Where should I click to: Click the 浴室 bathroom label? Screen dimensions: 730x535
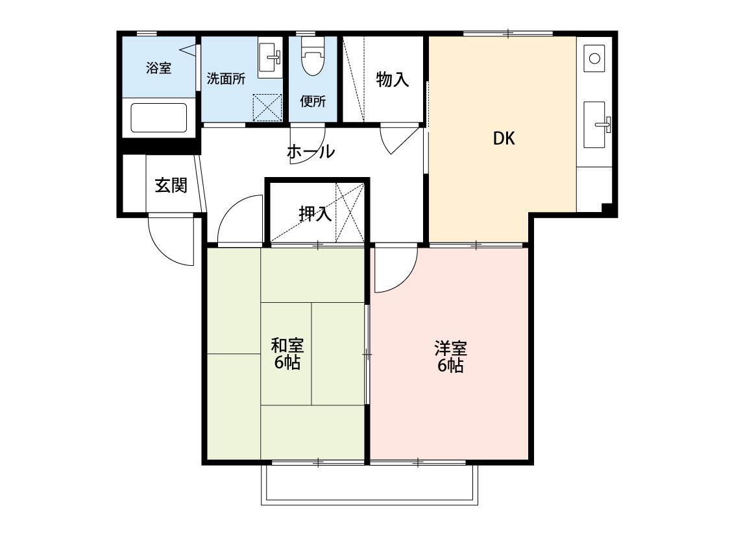coord(159,68)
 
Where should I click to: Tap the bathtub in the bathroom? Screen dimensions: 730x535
coord(159,118)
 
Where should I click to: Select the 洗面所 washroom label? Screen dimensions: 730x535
coord(226,78)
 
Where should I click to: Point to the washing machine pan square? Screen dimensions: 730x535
coord(267,108)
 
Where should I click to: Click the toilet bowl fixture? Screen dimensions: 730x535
coord(313,56)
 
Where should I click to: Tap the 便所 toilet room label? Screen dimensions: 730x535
coord(313,101)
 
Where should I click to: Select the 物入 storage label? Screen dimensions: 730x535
coord(393,80)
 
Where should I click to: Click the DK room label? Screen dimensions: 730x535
coord(504,138)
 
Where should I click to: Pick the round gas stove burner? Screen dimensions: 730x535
coord(594,58)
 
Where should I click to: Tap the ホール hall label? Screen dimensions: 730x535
coord(311,152)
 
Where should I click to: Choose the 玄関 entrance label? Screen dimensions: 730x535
coord(171,185)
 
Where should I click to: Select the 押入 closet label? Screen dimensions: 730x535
coord(315,213)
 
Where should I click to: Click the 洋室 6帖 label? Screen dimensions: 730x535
coord(450,357)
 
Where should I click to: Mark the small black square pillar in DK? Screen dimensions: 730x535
coord(606,208)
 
